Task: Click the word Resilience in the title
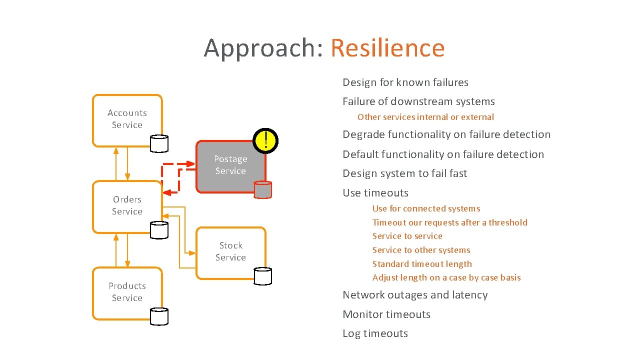coord(387,48)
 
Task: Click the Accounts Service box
coord(127,119)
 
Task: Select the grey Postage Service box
coord(230,165)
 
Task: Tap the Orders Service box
coord(127,205)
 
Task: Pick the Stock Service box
coord(230,251)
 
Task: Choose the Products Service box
coord(127,292)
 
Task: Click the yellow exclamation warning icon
coord(266,139)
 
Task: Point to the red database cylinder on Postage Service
coord(263,190)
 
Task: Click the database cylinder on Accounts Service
coord(159,143)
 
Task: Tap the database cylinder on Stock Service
coord(263,276)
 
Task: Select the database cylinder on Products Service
coord(159,316)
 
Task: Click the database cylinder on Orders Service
coord(159,230)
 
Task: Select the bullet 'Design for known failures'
coord(405,82)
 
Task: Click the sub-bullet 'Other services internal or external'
coord(425,117)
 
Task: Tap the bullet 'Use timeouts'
coord(375,193)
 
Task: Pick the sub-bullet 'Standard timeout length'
coord(422,264)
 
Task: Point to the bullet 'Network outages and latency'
coord(415,295)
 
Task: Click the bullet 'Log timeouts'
coord(375,333)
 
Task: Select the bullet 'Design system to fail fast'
coord(405,173)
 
